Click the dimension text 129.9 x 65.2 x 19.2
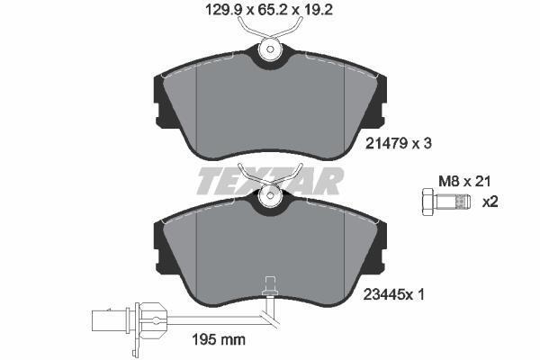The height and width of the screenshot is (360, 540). coord(269,10)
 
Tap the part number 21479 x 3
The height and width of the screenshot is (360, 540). coord(398,143)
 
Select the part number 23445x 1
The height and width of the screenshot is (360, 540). coord(394,294)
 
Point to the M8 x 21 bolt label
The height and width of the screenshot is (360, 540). coord(464,181)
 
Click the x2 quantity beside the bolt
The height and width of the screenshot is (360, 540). coord(490,202)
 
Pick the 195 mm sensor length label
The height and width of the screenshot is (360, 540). coord(219,339)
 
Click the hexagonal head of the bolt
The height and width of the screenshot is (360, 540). coord(428,202)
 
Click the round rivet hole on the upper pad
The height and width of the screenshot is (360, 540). coord(270,49)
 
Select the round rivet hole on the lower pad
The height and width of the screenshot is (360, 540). coord(270,195)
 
